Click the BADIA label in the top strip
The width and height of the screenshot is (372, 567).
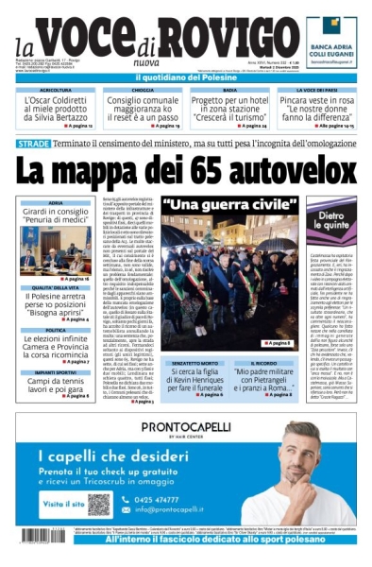point(229,90)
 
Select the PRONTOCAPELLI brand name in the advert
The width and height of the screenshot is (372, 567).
point(186,427)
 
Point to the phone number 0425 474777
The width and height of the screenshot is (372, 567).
point(158,498)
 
